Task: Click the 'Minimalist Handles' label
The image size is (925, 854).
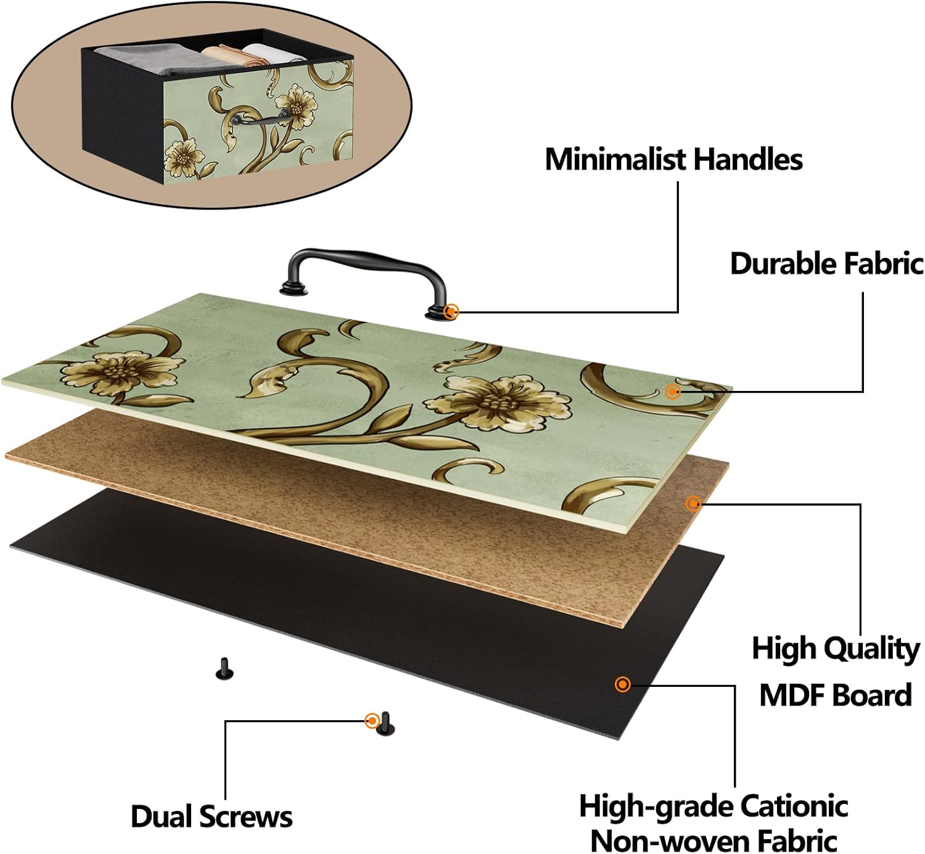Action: click(673, 159)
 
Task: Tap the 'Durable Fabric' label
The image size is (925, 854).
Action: click(827, 263)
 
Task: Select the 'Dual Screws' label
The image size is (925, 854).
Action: click(212, 817)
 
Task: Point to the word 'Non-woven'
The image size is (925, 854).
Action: click(669, 841)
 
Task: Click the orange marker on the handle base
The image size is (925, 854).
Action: click(450, 311)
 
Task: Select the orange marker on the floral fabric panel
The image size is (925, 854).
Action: click(672, 392)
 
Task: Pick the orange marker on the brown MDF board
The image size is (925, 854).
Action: click(693, 503)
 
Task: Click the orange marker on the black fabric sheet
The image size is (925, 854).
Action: click(623, 684)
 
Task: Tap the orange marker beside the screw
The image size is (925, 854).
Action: click(372, 721)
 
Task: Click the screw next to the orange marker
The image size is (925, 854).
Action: click(385, 725)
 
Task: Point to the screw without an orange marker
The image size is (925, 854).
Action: click(224, 669)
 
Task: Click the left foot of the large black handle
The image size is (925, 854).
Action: click(294, 289)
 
